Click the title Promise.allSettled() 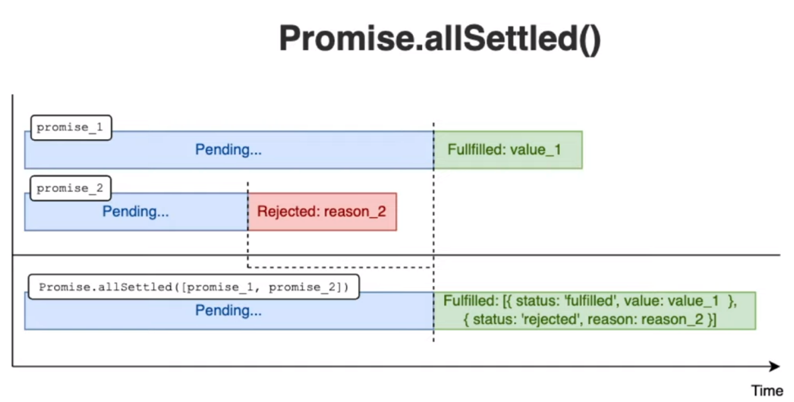click(x=440, y=38)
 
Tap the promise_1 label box click(x=71, y=128)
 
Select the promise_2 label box click(x=70, y=188)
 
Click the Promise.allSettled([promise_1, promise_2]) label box click(x=194, y=287)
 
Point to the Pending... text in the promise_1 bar click(x=228, y=150)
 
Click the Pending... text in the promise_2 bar click(x=135, y=211)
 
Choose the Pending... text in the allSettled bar click(x=228, y=311)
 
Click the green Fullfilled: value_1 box click(x=508, y=150)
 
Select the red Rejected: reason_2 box click(x=322, y=212)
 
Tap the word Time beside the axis click(x=767, y=391)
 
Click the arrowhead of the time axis click(x=774, y=366)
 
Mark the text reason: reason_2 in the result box click(x=646, y=320)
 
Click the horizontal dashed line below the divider click(x=340, y=267)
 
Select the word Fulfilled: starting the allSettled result click(x=471, y=301)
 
